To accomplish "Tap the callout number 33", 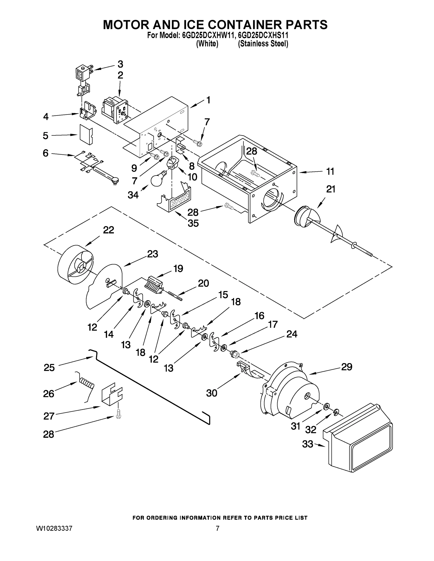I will point(308,444).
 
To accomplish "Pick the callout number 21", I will point(331,189).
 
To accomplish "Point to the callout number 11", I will point(330,171).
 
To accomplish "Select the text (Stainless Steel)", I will point(263,44).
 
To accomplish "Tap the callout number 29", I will point(346,367).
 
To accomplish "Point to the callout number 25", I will point(49,368).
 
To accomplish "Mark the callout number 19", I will point(178,269).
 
